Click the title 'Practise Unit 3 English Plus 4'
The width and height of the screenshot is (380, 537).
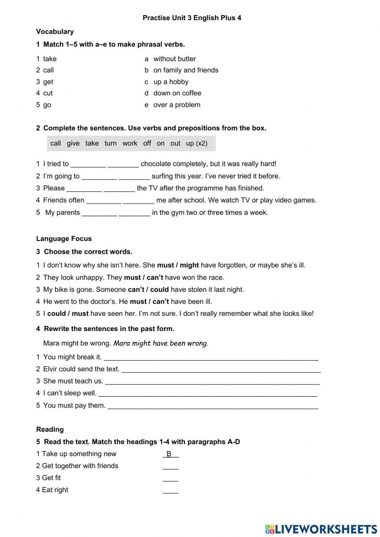192,18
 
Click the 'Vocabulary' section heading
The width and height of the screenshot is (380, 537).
55,32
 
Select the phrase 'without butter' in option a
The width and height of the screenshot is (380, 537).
174,59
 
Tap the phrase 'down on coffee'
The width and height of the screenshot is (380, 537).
177,93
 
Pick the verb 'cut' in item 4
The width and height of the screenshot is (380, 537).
48,93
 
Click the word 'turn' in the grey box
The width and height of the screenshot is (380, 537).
111,143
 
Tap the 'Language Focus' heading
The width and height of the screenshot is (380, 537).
64,239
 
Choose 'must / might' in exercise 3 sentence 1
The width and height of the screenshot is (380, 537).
178,265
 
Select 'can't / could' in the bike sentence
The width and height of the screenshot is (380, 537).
148,290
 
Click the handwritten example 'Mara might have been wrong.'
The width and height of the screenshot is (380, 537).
161,344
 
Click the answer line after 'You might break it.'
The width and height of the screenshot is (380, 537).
211,358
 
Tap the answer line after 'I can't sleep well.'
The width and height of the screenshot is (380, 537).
207,394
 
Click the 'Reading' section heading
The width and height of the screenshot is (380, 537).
50,429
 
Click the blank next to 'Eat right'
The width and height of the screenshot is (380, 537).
170,491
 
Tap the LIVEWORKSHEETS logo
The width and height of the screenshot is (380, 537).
321,529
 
